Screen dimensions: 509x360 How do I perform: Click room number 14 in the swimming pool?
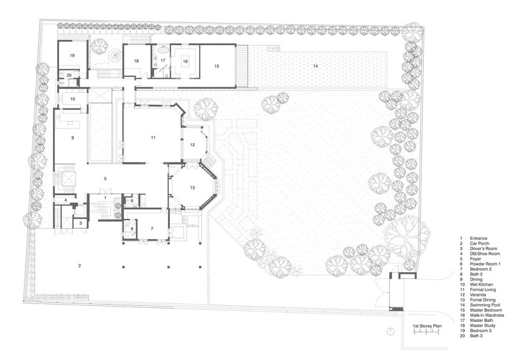point(315,66)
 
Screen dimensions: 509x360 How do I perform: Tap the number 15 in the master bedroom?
point(217,66)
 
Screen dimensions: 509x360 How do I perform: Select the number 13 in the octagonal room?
point(193,188)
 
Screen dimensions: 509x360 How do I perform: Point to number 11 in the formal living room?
point(153,137)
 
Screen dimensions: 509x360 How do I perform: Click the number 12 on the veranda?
point(193,145)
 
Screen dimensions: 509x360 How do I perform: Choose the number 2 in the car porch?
point(80,265)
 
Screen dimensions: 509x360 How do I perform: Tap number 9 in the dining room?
point(73,137)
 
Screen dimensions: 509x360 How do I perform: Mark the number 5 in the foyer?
point(105,179)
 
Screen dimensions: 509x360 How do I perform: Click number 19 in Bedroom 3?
point(72,55)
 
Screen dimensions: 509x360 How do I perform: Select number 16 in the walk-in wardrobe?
point(185,61)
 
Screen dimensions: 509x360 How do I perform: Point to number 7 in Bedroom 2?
point(152,228)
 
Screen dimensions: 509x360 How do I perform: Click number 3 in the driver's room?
point(81,223)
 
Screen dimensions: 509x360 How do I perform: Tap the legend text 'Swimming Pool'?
point(485,305)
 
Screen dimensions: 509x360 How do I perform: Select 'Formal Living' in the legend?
point(483,289)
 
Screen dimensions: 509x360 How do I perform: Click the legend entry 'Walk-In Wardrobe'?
point(487,315)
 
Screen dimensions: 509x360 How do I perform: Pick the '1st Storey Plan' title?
point(427,326)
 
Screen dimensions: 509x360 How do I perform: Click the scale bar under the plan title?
point(426,332)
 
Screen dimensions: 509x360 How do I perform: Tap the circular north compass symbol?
point(391,331)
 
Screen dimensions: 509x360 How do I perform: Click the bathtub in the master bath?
point(163,50)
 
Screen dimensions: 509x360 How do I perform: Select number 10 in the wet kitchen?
point(73,99)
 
